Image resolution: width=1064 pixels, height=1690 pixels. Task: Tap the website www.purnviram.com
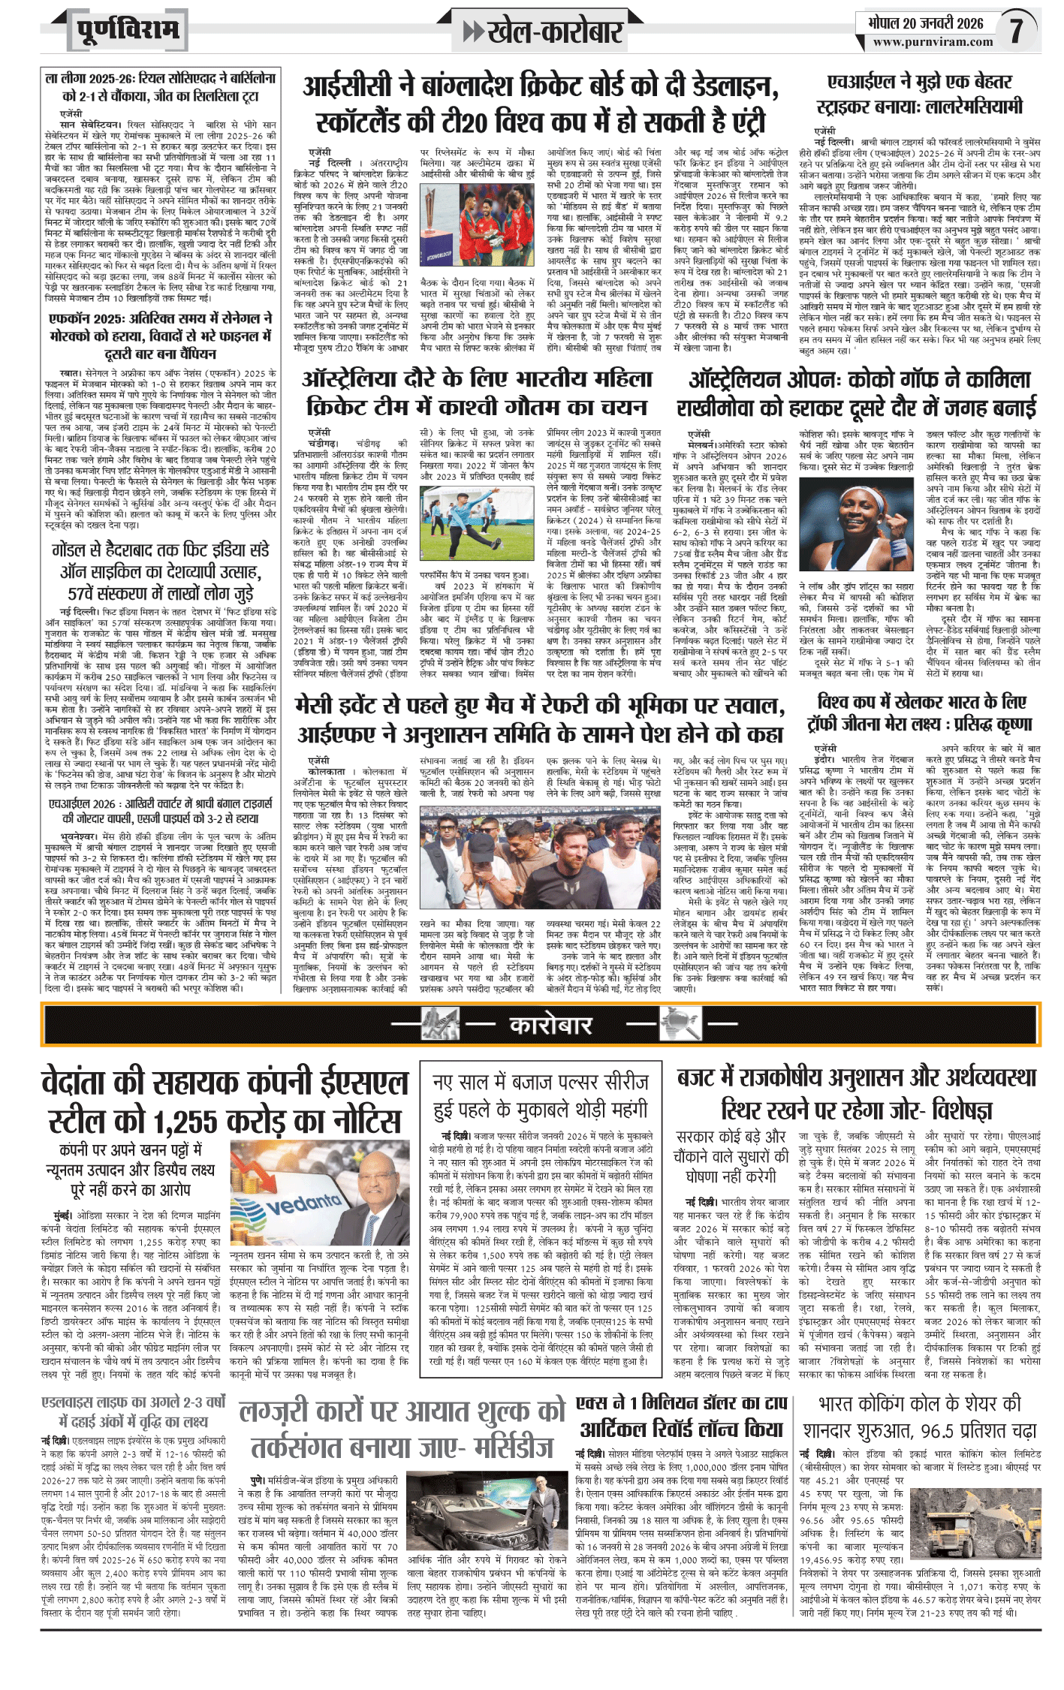[932, 42]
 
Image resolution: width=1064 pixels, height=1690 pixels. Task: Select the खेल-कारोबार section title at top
[555, 31]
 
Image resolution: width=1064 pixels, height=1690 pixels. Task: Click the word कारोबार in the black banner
[550, 1025]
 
